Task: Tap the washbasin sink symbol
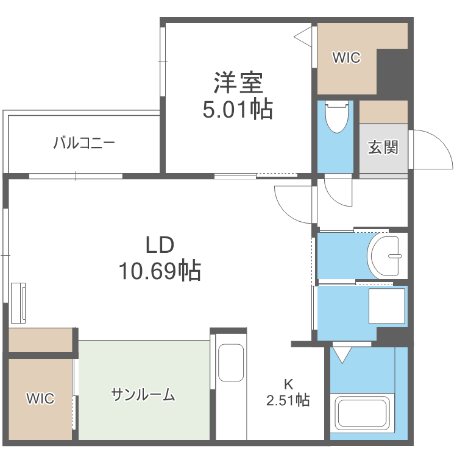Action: point(385,255)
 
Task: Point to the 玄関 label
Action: point(383,147)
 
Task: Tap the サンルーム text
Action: point(143,395)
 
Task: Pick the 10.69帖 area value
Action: point(160,271)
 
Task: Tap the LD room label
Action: point(160,245)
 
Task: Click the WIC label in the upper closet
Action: point(346,58)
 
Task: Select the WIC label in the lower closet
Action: point(40,399)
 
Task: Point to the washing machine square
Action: point(386,306)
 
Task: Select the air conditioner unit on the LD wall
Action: point(18,302)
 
